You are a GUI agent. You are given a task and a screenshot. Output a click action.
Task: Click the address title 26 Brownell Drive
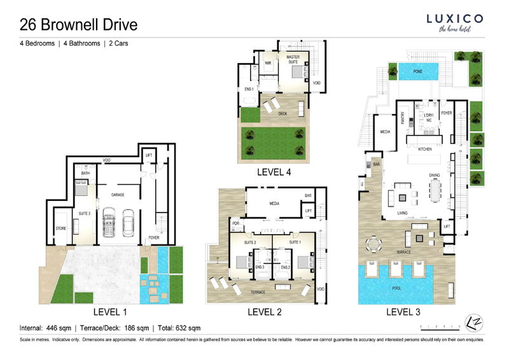[x=78, y=25]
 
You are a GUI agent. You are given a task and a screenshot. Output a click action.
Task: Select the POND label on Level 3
[x=418, y=72]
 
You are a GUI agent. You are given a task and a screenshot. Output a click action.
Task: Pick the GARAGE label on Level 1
[x=117, y=194]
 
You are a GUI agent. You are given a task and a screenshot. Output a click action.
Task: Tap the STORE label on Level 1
[x=60, y=228]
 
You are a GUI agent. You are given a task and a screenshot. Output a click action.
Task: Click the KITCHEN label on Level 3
[x=425, y=149]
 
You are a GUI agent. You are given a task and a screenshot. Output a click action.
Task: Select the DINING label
[x=435, y=175]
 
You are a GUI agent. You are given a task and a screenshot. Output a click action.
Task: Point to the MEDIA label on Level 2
[x=274, y=205]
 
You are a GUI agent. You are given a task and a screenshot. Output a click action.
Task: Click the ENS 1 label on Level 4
[x=249, y=88]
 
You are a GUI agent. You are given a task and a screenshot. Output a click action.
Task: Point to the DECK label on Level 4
[x=282, y=113]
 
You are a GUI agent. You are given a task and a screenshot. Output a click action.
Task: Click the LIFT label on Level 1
[x=149, y=155]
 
